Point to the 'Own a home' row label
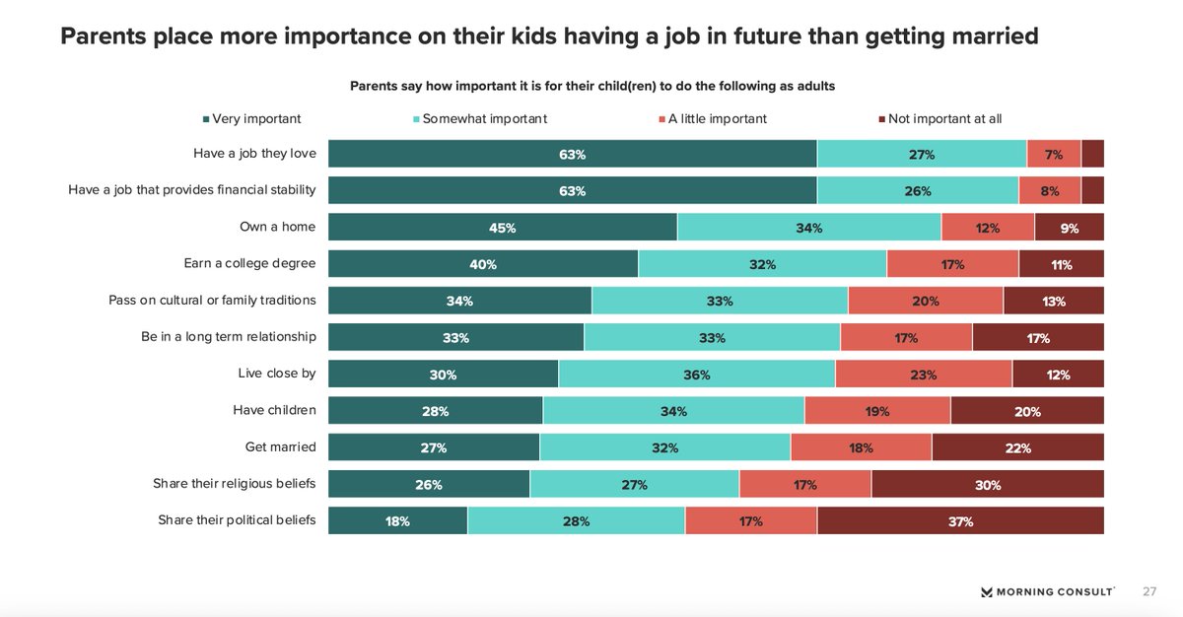click(277, 227)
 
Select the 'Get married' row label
click(280, 446)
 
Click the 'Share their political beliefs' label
click(237, 519)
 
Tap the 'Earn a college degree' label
click(249, 263)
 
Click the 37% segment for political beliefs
click(960, 521)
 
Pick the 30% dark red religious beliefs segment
click(987, 485)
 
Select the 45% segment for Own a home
click(502, 228)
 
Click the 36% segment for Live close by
click(696, 375)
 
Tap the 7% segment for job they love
click(1053, 155)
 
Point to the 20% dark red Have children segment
click(1026, 411)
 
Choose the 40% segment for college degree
click(483, 264)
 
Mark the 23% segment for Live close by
click(923, 375)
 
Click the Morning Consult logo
click(1048, 591)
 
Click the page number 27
click(1149, 591)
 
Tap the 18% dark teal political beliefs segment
click(397, 521)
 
